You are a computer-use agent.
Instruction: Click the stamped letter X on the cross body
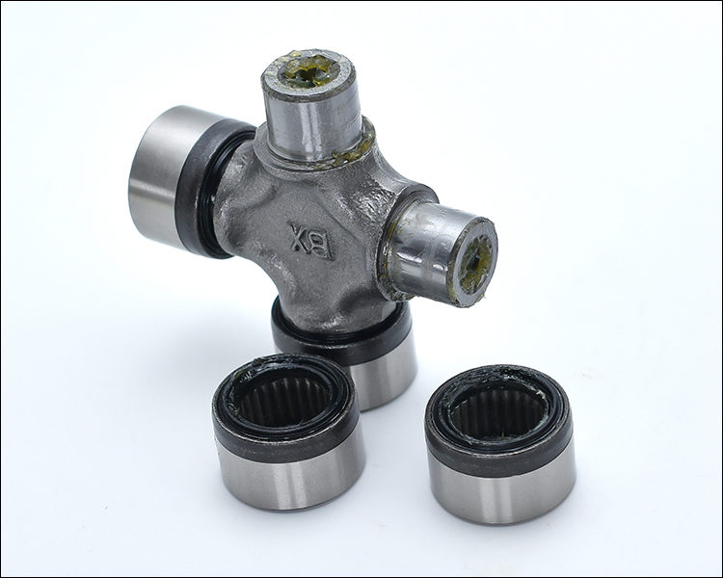point(298,236)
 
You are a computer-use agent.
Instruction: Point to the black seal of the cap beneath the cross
point(341,336)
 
